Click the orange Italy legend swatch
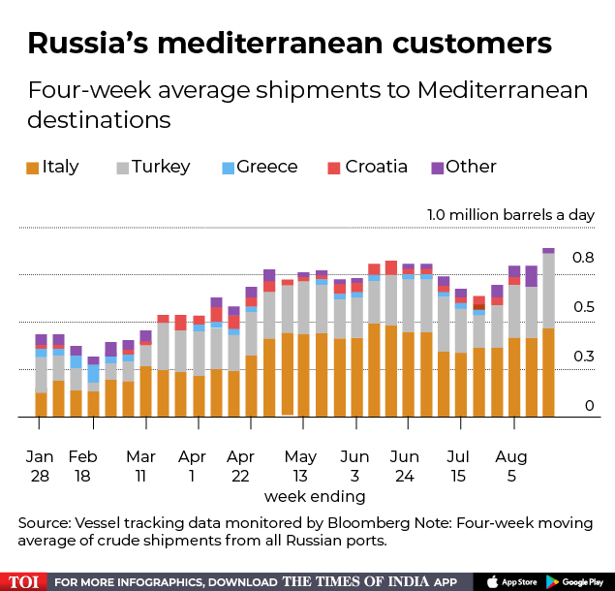(x=34, y=168)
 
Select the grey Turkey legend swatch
(x=122, y=168)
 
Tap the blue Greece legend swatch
(x=229, y=168)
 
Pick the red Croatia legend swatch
(x=334, y=168)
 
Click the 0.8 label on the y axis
(x=582, y=258)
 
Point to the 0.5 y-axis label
(x=582, y=307)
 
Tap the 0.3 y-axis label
(x=582, y=357)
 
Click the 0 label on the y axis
(x=589, y=405)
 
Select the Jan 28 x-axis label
(x=40, y=465)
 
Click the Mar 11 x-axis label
(x=140, y=465)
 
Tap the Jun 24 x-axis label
(x=404, y=465)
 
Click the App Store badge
(x=511, y=581)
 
